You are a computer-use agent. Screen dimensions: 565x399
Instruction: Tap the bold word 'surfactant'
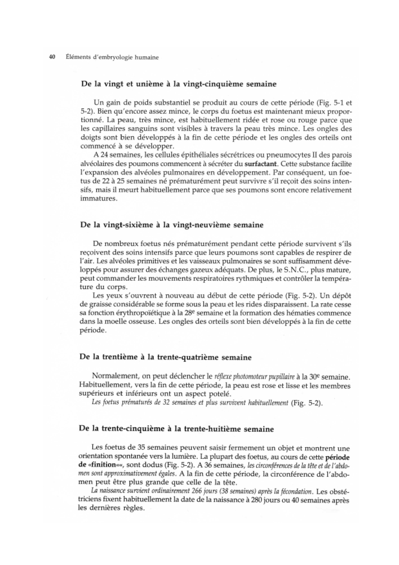pos(261,163)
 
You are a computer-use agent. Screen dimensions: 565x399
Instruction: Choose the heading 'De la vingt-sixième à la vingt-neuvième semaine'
pos(172,225)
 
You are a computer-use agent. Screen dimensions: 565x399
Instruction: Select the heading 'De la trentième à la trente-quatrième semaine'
pos(165,357)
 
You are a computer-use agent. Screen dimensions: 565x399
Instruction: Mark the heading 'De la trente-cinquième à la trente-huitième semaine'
pos(176,429)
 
